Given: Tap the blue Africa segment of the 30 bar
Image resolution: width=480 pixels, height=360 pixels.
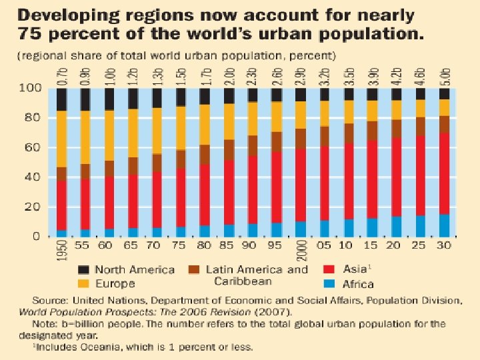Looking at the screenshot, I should [x=444, y=225].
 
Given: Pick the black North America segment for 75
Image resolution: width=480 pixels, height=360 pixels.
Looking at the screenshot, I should [x=181, y=97].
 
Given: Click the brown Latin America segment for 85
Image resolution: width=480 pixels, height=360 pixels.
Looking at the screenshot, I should [x=229, y=149].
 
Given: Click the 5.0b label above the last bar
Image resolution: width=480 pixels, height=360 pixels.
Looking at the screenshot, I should [x=444, y=76].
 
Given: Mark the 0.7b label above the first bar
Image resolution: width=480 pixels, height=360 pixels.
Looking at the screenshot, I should [x=62, y=76].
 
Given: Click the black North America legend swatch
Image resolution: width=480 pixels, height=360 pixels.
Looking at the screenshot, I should [x=83, y=270].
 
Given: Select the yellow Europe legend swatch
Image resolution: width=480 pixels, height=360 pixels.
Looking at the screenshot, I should [x=83, y=283].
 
